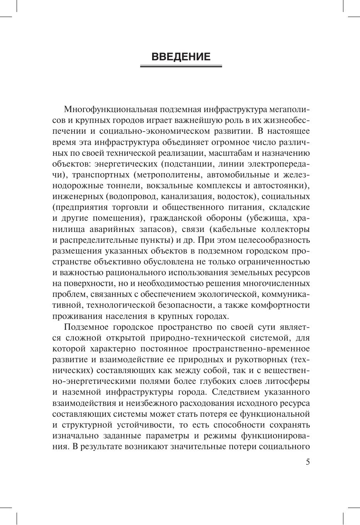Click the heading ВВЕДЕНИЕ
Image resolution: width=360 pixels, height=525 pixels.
pos(181,57)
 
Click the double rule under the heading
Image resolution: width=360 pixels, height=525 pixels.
pos(181,66)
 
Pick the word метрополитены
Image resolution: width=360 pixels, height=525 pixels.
pos(166,174)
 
